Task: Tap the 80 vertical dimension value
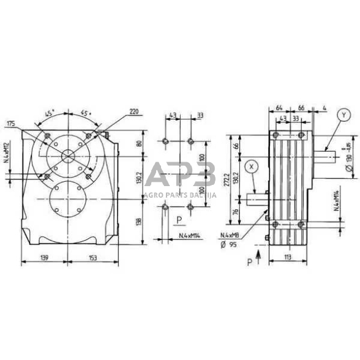tap(139, 145)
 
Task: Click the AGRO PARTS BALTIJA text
tap(179, 194)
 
